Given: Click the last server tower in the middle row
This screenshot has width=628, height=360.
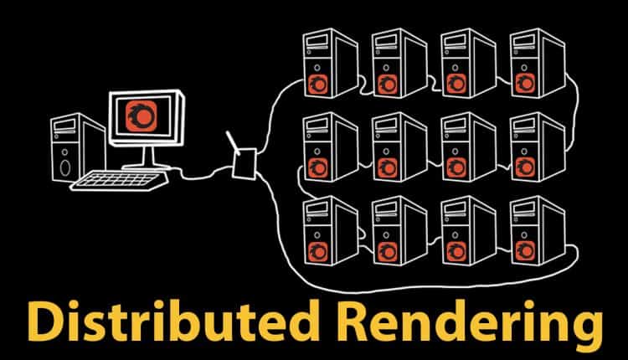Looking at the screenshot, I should pyautogui.click(x=528, y=147).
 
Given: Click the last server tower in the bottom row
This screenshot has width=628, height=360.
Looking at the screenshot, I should pyautogui.click(x=528, y=229).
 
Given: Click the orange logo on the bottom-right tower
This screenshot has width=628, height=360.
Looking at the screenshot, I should pyautogui.click(x=528, y=248).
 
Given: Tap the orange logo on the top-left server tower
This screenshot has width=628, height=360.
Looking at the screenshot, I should pyautogui.click(x=318, y=82).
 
